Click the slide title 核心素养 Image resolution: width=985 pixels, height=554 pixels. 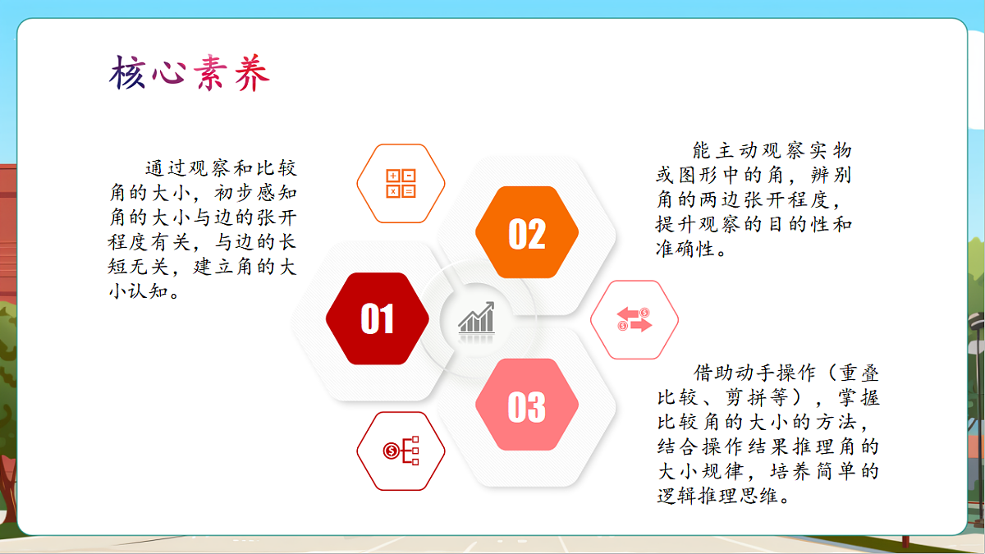click(190, 75)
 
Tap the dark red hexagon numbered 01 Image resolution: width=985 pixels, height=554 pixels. click(377, 319)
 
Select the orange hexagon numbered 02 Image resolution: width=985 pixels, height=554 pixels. click(527, 233)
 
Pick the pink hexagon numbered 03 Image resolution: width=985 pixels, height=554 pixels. click(527, 405)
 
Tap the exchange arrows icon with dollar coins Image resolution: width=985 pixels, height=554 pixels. click(634, 319)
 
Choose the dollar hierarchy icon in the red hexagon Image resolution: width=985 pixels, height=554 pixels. click(401, 451)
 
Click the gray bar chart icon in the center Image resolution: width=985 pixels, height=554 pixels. click(477, 318)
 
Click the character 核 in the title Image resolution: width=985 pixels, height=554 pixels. click(128, 75)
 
